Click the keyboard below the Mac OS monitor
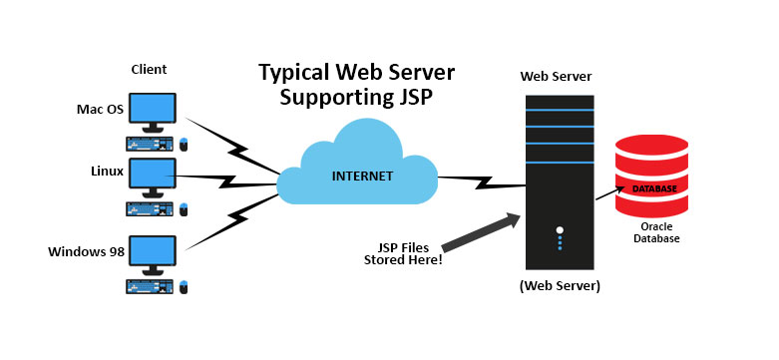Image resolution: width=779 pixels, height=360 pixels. pyautogui.click(x=150, y=143)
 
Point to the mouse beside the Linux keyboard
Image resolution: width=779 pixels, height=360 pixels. pyautogui.click(x=185, y=209)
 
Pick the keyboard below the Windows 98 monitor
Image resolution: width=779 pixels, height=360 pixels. pyautogui.click(x=150, y=285)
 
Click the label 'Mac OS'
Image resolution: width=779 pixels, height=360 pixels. pyautogui.click(x=100, y=108)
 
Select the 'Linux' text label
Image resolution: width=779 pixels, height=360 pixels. pyautogui.click(x=106, y=172)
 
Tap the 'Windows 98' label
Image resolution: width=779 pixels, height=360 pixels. pyautogui.click(x=85, y=250)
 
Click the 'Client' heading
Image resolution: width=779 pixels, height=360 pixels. pyautogui.click(x=149, y=69)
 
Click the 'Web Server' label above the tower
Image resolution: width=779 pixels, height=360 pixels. pyautogui.click(x=557, y=77)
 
